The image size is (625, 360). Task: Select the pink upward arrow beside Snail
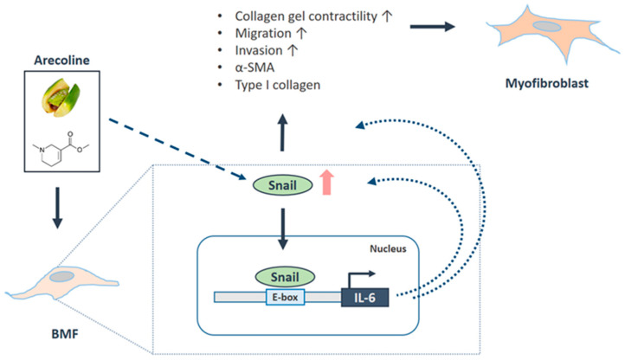click(x=327, y=183)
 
